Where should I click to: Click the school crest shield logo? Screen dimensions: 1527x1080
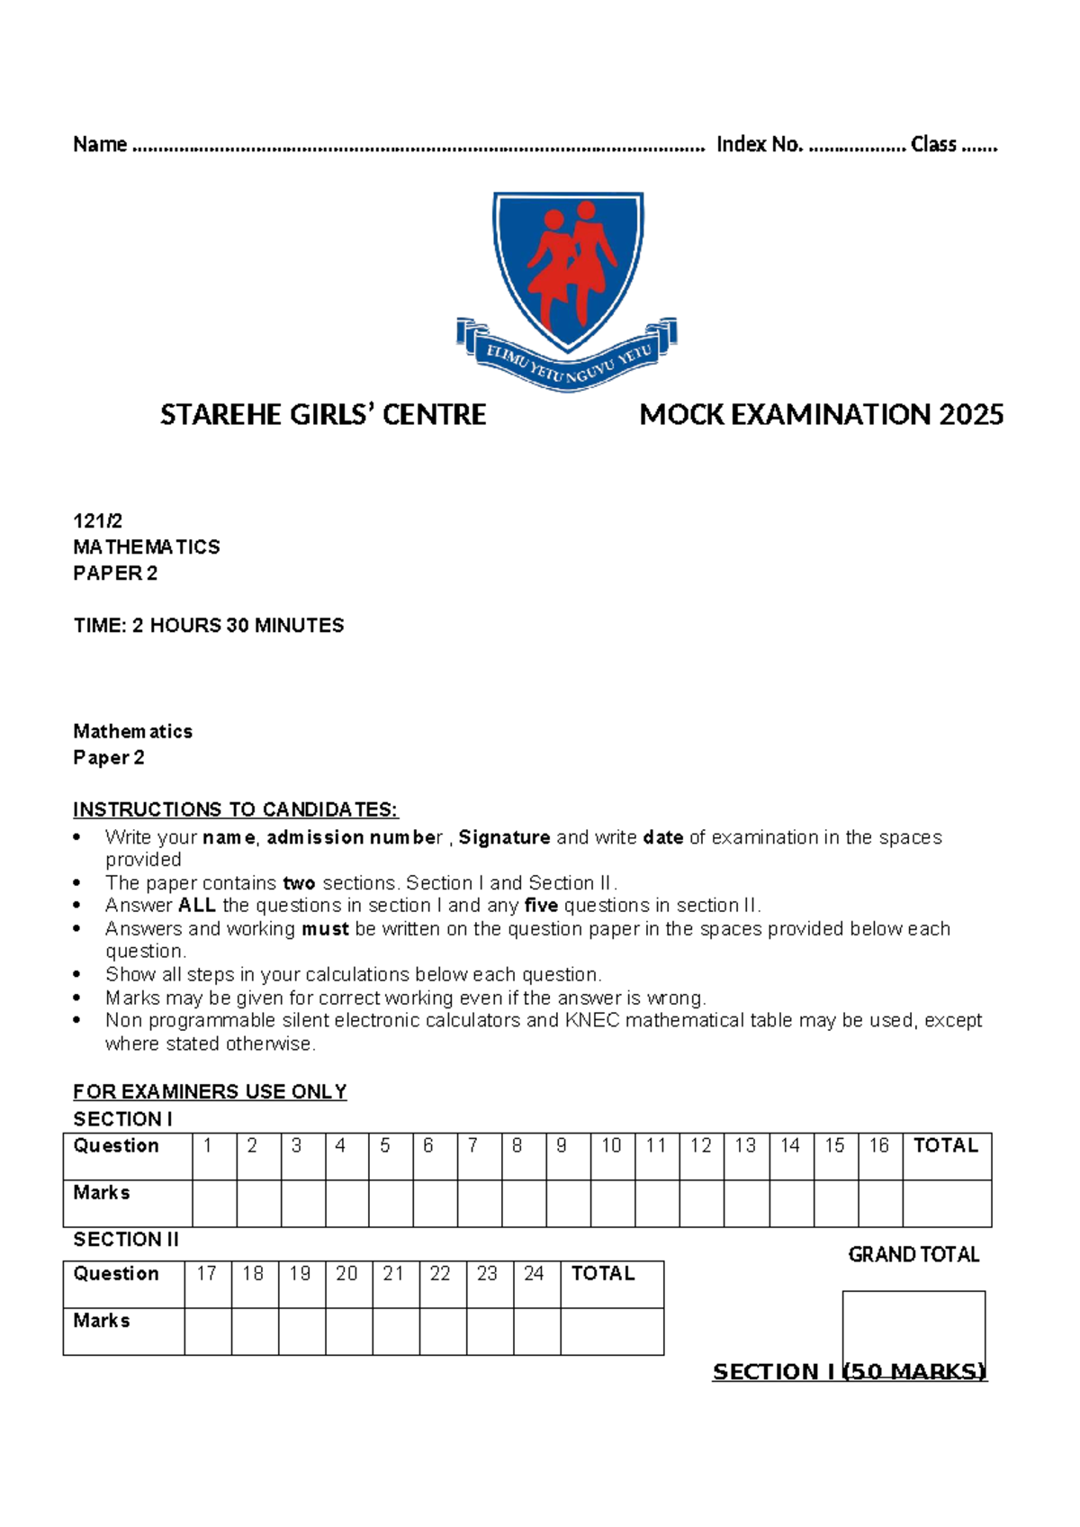click(x=568, y=270)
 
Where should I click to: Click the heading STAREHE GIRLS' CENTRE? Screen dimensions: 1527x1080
click(x=323, y=415)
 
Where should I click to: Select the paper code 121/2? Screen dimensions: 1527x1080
click(x=97, y=520)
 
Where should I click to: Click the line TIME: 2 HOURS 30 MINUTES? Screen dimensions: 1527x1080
click(x=209, y=625)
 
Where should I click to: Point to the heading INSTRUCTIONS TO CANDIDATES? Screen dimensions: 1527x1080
click(x=235, y=809)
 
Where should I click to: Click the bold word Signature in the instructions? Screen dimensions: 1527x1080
click(x=504, y=837)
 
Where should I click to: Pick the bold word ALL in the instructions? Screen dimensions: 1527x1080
click(x=196, y=905)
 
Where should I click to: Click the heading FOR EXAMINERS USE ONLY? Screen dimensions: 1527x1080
click(x=210, y=1091)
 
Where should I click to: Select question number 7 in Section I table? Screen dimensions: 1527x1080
click(x=472, y=1145)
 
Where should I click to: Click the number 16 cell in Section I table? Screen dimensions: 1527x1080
click(x=878, y=1145)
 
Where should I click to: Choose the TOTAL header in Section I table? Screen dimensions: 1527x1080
click(x=945, y=1145)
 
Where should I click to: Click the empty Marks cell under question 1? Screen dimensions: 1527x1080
click(x=214, y=1203)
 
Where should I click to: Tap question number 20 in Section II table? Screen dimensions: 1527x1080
click(x=346, y=1273)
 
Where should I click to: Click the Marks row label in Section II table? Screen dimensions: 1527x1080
click(x=102, y=1321)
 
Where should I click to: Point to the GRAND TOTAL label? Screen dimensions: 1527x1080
click(x=913, y=1254)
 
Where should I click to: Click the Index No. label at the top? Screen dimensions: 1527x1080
click(x=759, y=144)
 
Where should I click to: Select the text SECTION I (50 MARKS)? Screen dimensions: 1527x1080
click(x=850, y=1371)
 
